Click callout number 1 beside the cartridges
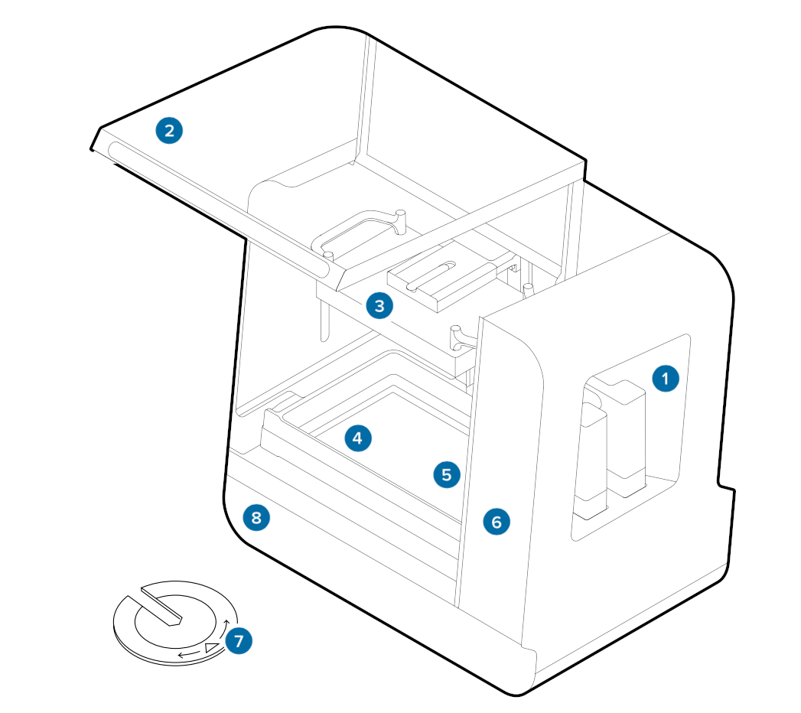click(666, 378)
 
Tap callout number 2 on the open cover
click(169, 130)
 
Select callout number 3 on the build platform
click(379, 306)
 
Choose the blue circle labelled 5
click(447, 474)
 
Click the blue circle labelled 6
click(497, 522)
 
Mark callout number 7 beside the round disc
click(239, 640)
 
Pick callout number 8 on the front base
click(256, 518)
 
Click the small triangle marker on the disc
click(212, 650)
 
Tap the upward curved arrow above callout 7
click(227, 627)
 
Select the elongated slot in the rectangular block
click(431, 275)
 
